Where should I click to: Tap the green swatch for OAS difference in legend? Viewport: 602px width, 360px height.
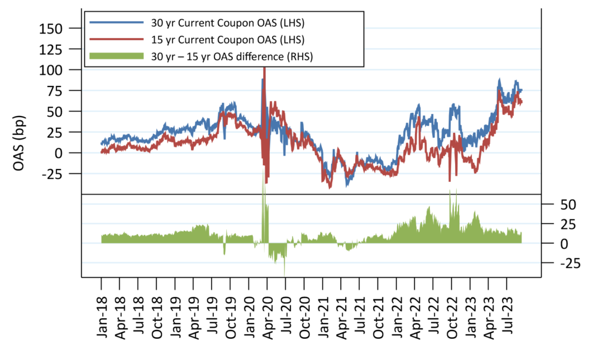116,56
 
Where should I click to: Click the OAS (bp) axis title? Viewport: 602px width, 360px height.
19,149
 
